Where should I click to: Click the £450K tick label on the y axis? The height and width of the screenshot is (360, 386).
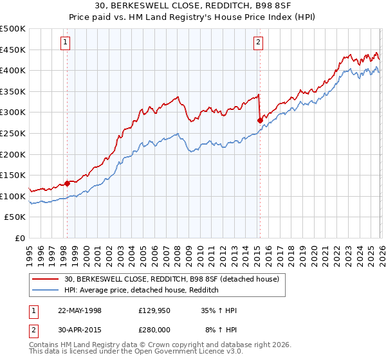pyautogui.click(x=13, y=50)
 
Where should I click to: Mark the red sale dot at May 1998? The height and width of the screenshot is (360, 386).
pyautogui.click(x=67, y=184)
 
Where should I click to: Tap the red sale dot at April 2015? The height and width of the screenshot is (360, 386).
pyautogui.click(x=260, y=120)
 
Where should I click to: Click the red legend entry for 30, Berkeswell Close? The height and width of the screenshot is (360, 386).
pyautogui.click(x=171, y=279)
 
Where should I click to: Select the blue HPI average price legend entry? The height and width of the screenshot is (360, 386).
pyautogui.click(x=142, y=291)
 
